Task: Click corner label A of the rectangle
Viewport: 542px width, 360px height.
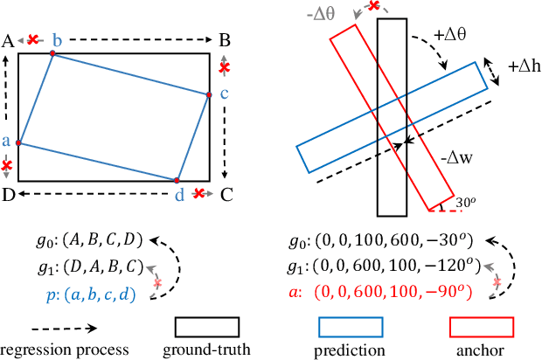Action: coord(8,40)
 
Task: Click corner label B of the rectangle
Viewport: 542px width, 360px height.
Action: coord(224,40)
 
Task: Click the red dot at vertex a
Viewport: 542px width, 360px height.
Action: coord(19,142)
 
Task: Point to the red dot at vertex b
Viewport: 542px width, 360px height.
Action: coord(52,54)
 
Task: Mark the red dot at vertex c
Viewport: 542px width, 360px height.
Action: coord(210,95)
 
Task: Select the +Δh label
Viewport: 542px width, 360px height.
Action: coord(524,66)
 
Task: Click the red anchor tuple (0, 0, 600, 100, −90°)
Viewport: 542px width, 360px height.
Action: coord(398,294)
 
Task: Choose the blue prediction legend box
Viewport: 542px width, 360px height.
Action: coord(349,327)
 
